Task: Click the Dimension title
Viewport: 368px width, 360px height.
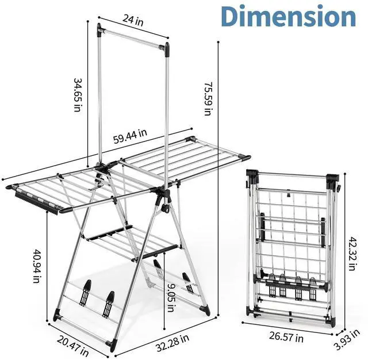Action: tap(289, 16)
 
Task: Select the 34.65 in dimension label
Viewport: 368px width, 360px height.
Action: tap(78, 94)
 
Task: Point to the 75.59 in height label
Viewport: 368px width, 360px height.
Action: tap(208, 98)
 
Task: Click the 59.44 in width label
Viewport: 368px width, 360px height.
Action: tap(131, 136)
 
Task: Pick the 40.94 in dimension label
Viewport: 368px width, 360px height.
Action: tap(37, 266)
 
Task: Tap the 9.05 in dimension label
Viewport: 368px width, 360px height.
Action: tap(171, 297)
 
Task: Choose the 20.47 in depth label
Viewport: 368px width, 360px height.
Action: tap(73, 346)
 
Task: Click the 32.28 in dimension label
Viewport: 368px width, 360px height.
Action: tap(172, 343)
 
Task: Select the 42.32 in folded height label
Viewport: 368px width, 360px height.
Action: tap(352, 254)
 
